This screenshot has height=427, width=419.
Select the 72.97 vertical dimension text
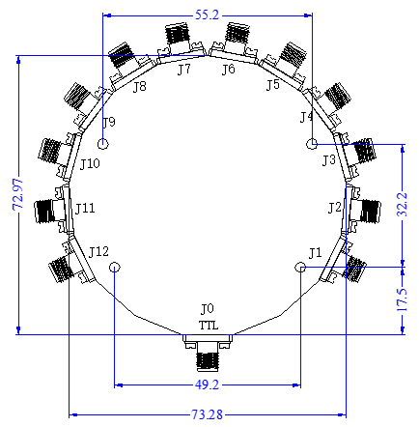tap(14, 194)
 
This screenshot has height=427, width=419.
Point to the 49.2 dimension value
tap(207, 384)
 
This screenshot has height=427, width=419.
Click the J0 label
tap(207, 309)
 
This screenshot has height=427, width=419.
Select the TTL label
tap(209, 326)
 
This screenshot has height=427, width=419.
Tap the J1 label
tap(314, 253)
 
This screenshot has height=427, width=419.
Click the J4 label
tap(306, 118)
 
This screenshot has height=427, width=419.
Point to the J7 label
tap(183, 70)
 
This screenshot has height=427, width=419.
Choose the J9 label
tap(109, 123)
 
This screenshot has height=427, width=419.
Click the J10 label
tap(89, 164)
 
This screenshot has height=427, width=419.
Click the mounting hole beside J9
tap(104, 144)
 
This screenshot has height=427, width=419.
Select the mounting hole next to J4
tap(311, 144)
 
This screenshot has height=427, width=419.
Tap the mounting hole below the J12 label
tap(115, 267)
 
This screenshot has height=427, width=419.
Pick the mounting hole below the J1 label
tap(300, 267)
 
